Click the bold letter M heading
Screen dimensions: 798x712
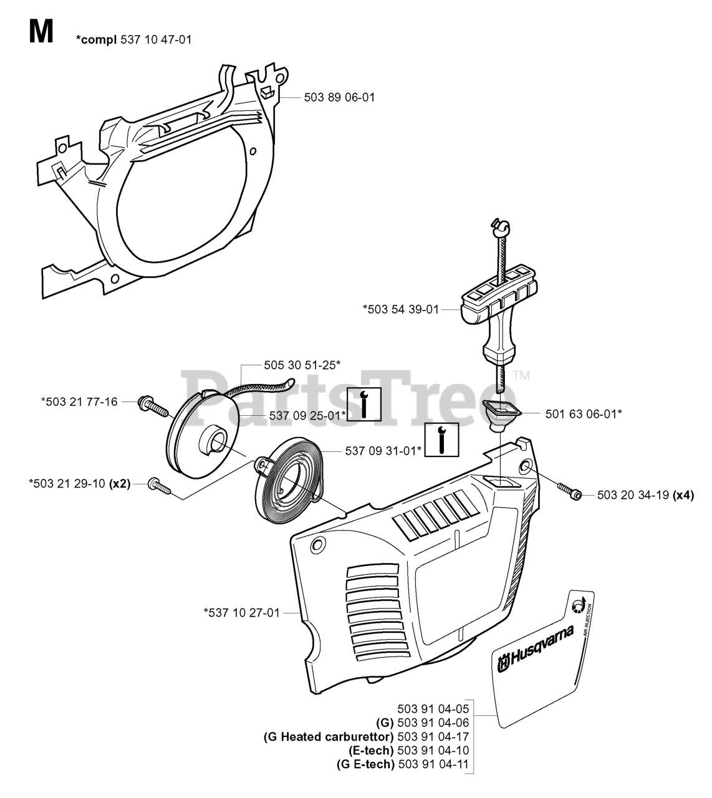point(41,31)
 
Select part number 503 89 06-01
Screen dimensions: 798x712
point(339,97)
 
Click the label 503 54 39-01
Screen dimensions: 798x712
point(401,309)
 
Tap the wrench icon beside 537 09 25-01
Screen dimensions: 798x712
point(363,405)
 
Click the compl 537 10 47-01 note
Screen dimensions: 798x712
point(133,40)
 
